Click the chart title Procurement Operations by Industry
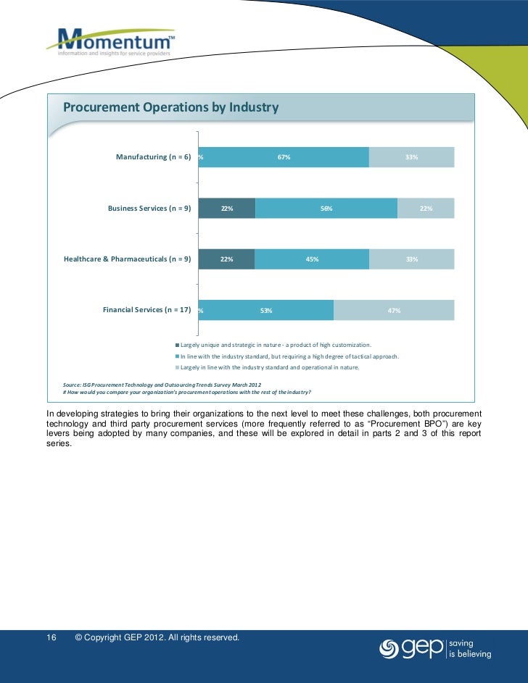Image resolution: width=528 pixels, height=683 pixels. pyautogui.click(x=170, y=108)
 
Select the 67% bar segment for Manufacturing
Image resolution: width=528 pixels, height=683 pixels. pyautogui.click(x=284, y=157)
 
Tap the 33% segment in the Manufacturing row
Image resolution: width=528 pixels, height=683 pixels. pyautogui.click(x=411, y=157)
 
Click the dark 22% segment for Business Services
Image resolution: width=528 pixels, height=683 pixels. pyautogui.click(x=226, y=209)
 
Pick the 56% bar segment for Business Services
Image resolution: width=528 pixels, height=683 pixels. pyautogui.click(x=326, y=209)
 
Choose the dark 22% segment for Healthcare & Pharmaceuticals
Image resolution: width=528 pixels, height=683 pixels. pyautogui.click(x=226, y=259)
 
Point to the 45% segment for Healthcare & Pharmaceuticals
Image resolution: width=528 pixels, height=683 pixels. pyautogui.click(x=312, y=259)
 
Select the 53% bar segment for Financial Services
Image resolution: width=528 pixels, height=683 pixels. pyautogui.click(x=266, y=310)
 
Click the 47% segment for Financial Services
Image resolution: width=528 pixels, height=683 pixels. pyautogui.click(x=394, y=310)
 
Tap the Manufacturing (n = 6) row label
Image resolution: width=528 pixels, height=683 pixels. pyautogui.click(x=153, y=157)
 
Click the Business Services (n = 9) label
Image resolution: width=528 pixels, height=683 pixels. pyautogui.click(x=149, y=209)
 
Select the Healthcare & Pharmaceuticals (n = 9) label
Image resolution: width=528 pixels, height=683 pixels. pyautogui.click(x=127, y=259)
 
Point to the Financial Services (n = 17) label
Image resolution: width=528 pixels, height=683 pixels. pyautogui.click(x=147, y=309)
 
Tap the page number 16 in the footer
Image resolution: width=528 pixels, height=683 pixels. pyautogui.click(x=51, y=637)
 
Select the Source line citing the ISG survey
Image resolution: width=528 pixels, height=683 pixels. pyautogui.click(x=162, y=384)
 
